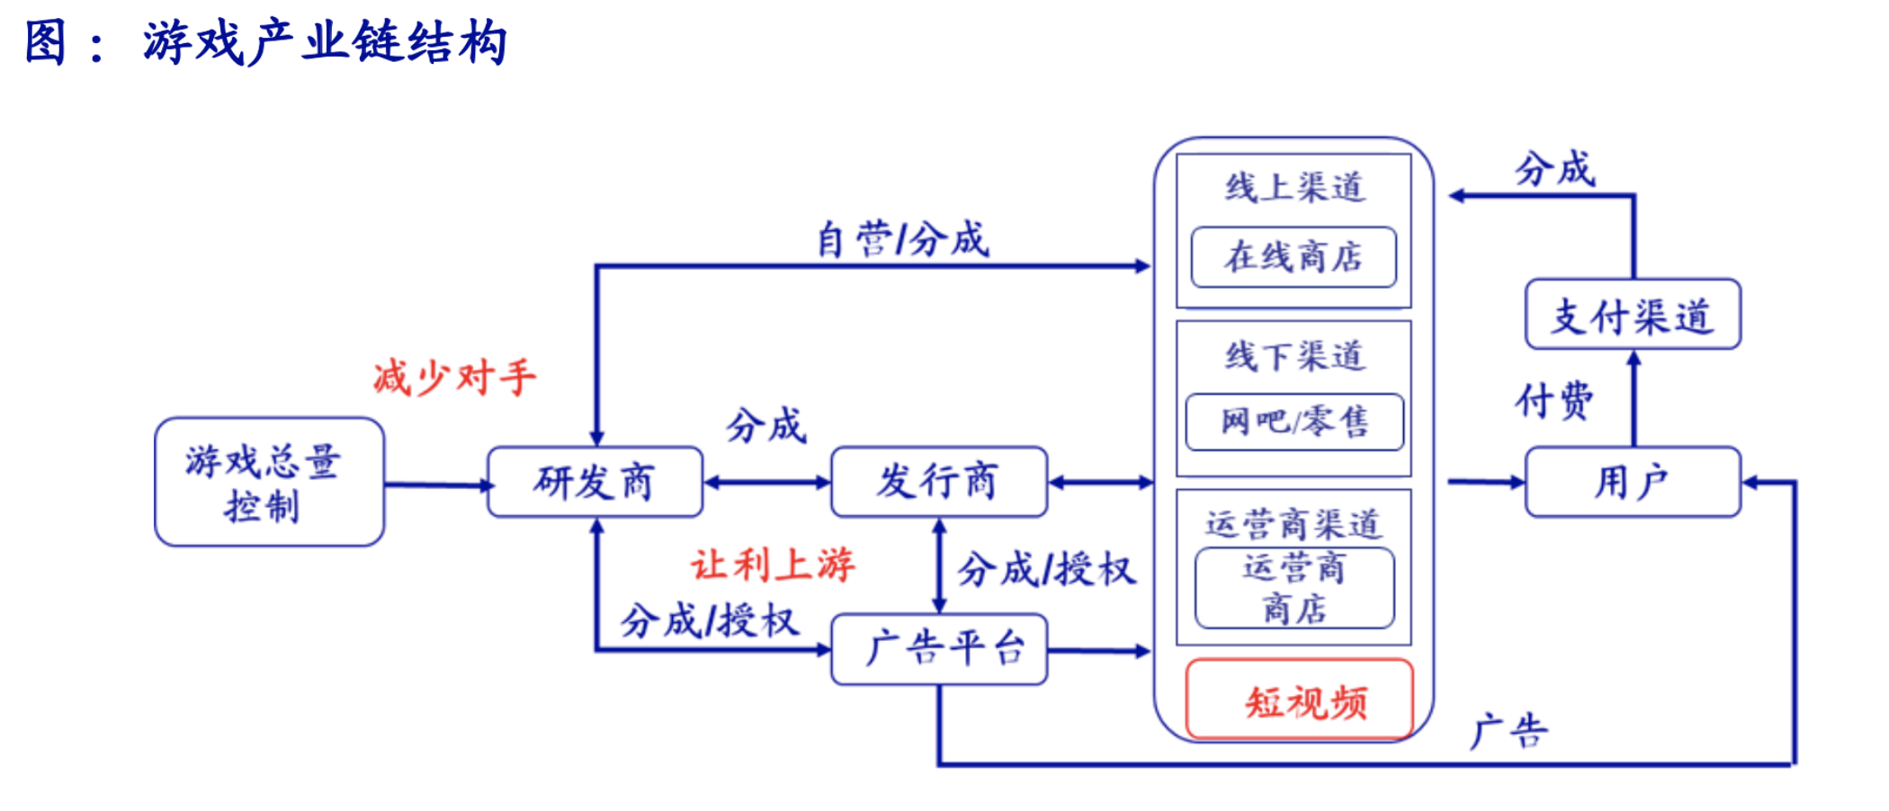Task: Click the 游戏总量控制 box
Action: point(269,482)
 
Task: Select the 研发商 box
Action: point(595,482)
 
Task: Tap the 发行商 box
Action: point(938,482)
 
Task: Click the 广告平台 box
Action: point(938,649)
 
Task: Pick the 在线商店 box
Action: point(1294,257)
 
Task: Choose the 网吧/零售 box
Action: point(1294,422)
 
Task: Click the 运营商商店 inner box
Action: point(1294,588)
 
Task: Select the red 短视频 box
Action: point(1300,700)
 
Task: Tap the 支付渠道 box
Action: point(1633,315)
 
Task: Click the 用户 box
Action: point(1633,482)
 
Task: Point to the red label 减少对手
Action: point(454,378)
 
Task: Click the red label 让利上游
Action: point(773,565)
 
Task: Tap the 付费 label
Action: point(1553,400)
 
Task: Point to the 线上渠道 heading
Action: point(1294,188)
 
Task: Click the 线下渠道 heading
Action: point(1294,356)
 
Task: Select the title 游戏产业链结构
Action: point(324,42)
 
